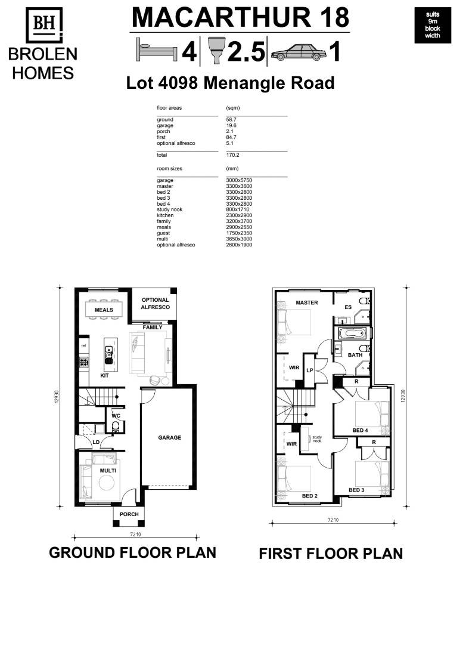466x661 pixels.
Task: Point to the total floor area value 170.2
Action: pyautogui.click(x=233, y=155)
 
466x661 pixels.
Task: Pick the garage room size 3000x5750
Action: pyautogui.click(x=239, y=180)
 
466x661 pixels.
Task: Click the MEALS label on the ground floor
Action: pyautogui.click(x=104, y=310)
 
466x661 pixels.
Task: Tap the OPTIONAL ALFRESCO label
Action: pyautogui.click(x=155, y=304)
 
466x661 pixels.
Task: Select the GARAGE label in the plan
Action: pyautogui.click(x=169, y=437)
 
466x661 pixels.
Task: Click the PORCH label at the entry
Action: pyautogui.click(x=129, y=514)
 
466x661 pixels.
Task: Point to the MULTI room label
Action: pyautogui.click(x=108, y=471)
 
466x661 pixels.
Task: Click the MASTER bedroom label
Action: pyautogui.click(x=307, y=302)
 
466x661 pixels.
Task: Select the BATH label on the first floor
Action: pyautogui.click(x=355, y=355)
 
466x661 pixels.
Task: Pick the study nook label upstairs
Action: pyautogui.click(x=317, y=439)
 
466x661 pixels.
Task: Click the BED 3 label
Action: pyautogui.click(x=356, y=490)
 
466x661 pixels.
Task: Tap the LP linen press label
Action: pyautogui.click(x=310, y=370)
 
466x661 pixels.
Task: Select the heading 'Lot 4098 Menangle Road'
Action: pyautogui.click(x=230, y=83)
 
